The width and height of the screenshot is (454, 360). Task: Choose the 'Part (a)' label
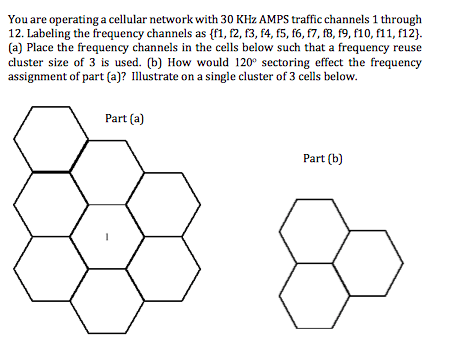tap(125, 119)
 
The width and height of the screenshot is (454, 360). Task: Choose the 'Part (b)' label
tap(322, 158)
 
